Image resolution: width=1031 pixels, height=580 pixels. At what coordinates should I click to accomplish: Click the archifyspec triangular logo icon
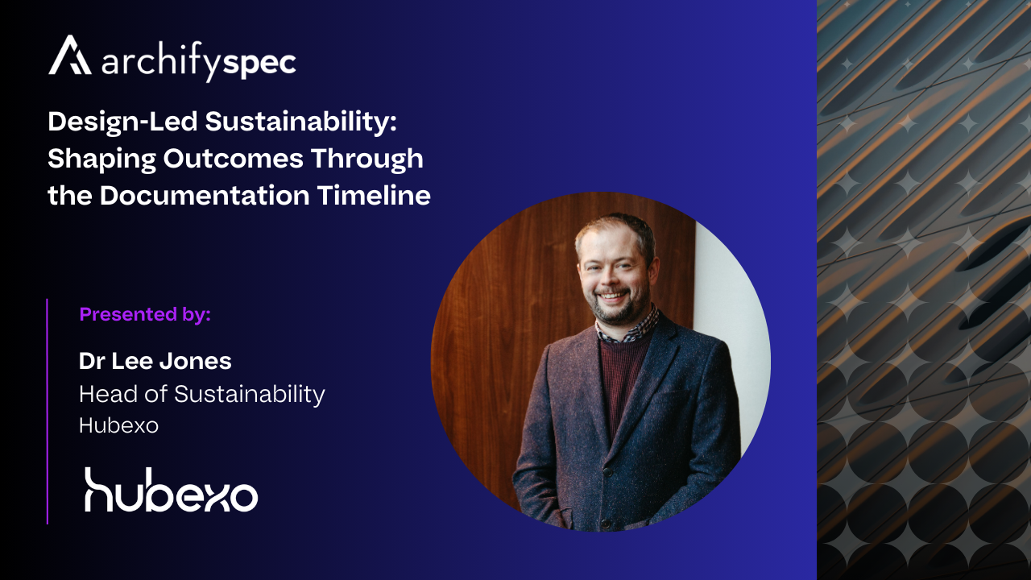click(x=70, y=56)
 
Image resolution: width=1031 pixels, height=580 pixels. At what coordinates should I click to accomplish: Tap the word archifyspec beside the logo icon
click(x=199, y=63)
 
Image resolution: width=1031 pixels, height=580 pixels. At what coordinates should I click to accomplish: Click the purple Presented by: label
click(x=145, y=314)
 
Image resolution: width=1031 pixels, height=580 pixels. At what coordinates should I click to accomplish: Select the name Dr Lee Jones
click(x=155, y=361)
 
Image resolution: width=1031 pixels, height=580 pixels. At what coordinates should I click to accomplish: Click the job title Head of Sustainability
click(x=202, y=394)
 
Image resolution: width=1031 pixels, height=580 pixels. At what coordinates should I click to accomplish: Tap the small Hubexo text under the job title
click(x=118, y=425)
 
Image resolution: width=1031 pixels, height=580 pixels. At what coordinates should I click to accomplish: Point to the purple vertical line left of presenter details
click(x=48, y=411)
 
